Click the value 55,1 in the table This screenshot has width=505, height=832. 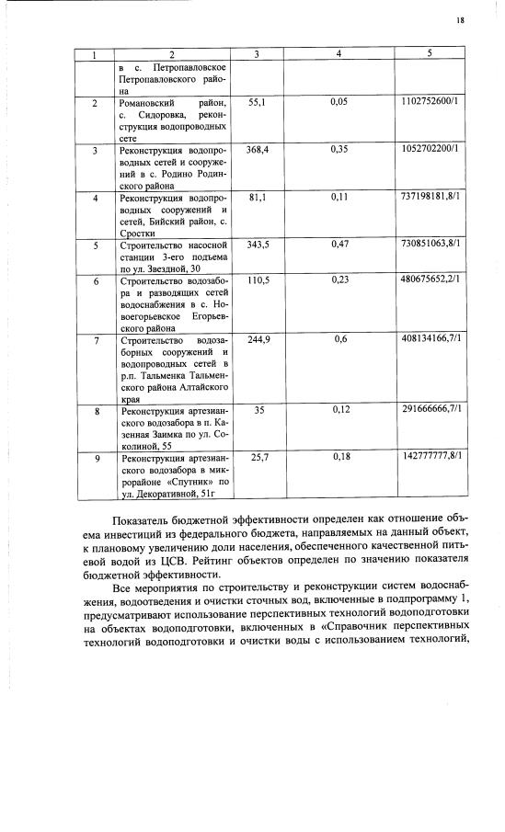coord(257,101)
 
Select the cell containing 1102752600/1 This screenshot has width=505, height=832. coord(430,101)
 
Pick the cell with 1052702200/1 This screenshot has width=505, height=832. coord(430,149)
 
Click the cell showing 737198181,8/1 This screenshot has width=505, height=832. coord(430,197)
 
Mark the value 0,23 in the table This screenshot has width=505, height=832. coord(339,280)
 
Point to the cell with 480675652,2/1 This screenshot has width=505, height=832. coord(430,280)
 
